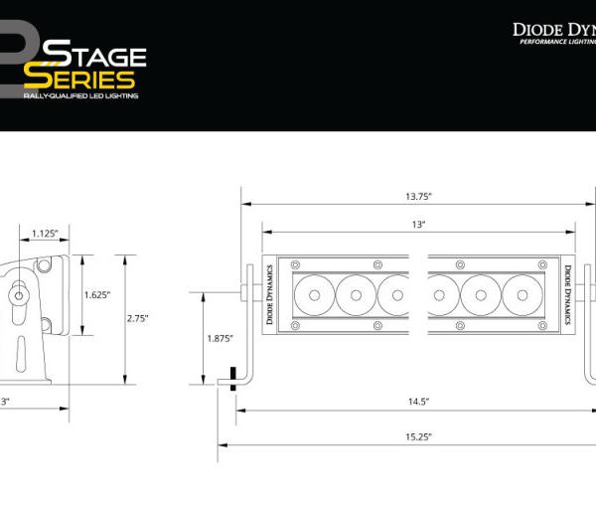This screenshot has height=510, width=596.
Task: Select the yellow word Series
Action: [x=79, y=79]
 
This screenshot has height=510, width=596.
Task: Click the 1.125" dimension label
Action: [x=44, y=234]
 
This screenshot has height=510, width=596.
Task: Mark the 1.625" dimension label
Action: [x=96, y=294]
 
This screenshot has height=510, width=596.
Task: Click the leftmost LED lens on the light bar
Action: [x=314, y=294]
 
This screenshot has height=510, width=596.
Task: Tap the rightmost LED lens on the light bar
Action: [x=522, y=294]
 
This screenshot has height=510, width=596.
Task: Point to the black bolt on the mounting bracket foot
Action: [x=232, y=378]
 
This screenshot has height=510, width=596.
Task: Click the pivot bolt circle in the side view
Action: [x=19, y=295]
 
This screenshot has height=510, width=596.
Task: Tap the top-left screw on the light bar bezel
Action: [x=295, y=263]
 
